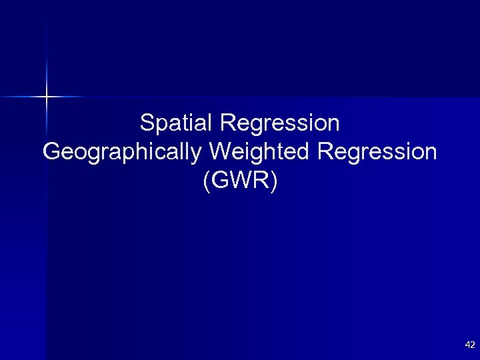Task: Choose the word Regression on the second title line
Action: [x=377, y=151]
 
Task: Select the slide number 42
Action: [x=470, y=345]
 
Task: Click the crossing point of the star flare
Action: [x=47, y=97]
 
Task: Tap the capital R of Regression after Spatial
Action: [x=225, y=123]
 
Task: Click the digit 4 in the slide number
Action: [x=467, y=345]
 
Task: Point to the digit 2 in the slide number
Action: [x=473, y=345]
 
